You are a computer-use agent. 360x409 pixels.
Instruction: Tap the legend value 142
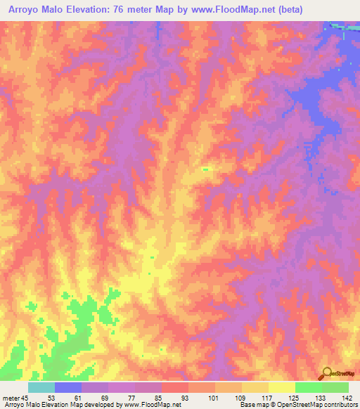[x=346, y=398]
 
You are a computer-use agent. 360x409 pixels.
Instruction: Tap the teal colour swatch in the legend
[x=41, y=387]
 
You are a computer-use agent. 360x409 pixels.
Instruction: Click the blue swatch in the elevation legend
[x=68, y=387]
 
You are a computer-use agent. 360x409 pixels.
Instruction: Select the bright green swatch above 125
[x=309, y=387]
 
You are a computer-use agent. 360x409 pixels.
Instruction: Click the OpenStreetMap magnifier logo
[x=328, y=373]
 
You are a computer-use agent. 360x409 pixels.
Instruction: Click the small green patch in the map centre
[x=205, y=169]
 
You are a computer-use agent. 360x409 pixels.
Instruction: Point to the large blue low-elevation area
[x=309, y=98]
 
